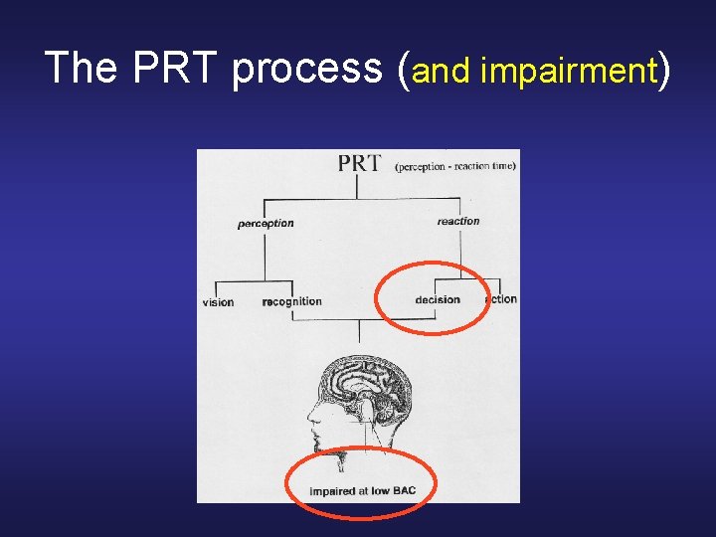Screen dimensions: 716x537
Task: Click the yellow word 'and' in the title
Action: point(442,71)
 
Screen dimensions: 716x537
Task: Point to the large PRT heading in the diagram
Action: point(359,163)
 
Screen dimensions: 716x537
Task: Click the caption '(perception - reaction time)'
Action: point(454,166)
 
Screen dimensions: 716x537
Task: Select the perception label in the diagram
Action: point(266,224)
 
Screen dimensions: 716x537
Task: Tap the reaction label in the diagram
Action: point(457,221)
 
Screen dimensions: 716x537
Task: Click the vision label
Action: point(218,302)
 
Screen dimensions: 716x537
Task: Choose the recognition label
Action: point(291,301)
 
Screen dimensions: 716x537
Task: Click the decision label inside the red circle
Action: point(438,299)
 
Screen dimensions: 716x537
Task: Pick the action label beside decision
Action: point(502,298)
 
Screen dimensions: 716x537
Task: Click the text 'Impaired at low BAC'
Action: point(362,491)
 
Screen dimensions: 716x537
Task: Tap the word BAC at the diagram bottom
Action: point(403,491)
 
